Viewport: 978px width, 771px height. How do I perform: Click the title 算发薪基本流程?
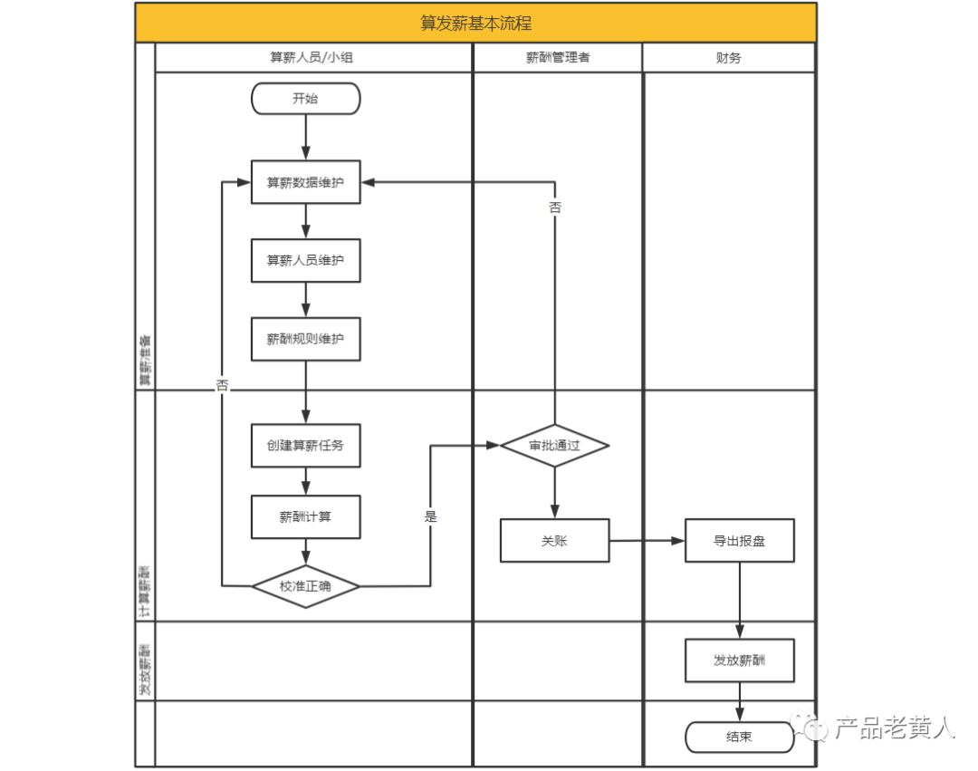(475, 24)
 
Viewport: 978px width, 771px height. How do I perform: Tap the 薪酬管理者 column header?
(557, 57)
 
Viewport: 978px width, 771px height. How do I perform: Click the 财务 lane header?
(728, 57)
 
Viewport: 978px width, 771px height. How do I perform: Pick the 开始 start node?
(305, 99)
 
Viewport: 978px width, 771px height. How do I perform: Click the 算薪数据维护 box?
(305, 182)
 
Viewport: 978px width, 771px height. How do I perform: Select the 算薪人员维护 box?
(305, 261)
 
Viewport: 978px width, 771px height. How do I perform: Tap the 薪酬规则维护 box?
(305, 339)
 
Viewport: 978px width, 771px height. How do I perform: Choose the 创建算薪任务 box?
(305, 446)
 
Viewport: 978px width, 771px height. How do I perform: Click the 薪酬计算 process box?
(305, 517)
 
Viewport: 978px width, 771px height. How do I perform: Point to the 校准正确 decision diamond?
(305, 586)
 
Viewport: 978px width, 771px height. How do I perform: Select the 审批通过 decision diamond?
(554, 446)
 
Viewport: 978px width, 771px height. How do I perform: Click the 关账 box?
(554, 541)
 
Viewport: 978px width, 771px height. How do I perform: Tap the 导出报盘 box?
(739, 541)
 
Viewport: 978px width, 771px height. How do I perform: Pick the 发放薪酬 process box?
(739, 660)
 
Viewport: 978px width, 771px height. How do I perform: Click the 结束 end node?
(739, 737)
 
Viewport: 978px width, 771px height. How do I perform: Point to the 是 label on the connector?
(430, 516)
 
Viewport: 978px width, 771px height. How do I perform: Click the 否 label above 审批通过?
(554, 207)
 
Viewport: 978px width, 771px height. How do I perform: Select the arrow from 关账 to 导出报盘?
(647, 541)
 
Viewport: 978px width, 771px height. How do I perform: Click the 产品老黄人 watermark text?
(894, 728)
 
